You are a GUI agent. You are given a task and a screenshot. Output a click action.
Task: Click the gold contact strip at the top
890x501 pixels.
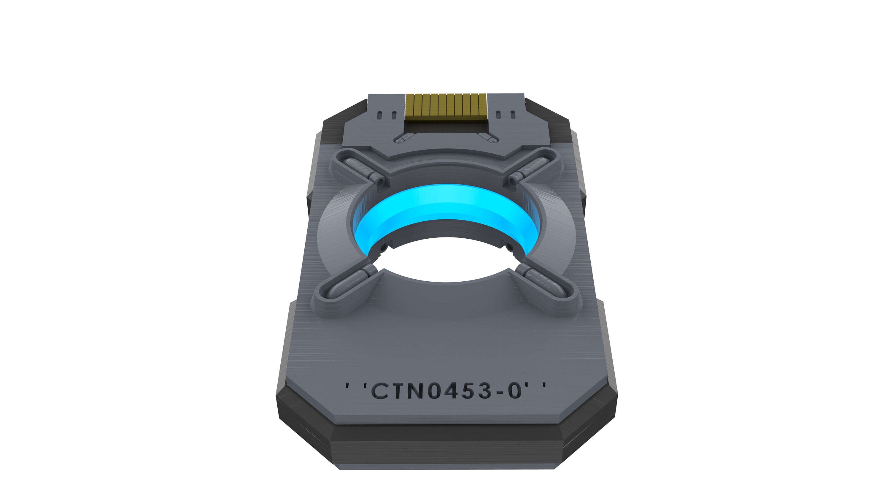[x=446, y=107]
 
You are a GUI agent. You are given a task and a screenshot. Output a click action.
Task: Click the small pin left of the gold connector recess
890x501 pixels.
[x=402, y=139]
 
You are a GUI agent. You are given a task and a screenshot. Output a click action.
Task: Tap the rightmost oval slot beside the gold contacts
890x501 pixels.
[x=513, y=114]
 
